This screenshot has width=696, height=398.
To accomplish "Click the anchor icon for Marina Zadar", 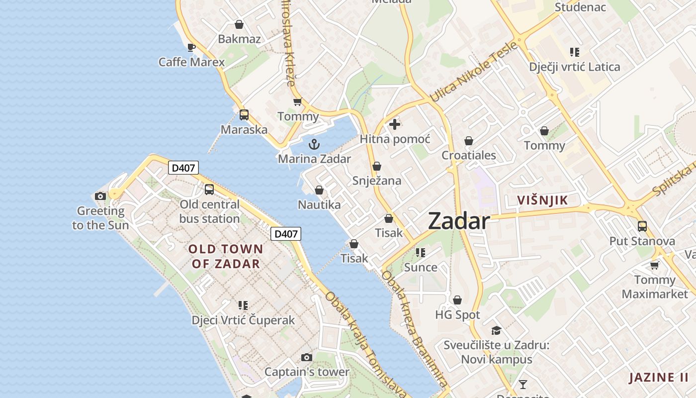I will pos(314,145).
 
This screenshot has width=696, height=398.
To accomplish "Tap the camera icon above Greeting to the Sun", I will pos(100,196).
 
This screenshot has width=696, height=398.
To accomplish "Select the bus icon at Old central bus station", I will pos(209,190).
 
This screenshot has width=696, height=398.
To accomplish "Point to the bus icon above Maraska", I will pos(244,115).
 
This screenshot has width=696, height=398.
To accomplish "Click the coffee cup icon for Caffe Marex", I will pos(191,47).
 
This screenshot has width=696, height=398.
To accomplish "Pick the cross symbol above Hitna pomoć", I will pos(395,124).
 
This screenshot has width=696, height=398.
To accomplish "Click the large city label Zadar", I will pos(459,221).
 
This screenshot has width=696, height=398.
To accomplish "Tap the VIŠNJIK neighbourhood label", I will pos(542,200).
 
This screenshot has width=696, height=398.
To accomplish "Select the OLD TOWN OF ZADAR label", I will pos(226,256).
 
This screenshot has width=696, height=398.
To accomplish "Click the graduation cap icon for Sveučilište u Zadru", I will pos(496,330).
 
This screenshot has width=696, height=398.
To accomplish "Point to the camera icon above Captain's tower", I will pos(307,357).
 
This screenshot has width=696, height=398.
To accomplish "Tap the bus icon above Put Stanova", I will pos(642,226).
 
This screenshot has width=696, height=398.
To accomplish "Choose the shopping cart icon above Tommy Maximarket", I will pos(655,265).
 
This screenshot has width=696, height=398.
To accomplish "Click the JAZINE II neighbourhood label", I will pos(659,378).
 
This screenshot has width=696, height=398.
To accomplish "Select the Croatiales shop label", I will pos(469,155).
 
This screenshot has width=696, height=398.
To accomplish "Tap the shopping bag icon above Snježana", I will pos(377,166).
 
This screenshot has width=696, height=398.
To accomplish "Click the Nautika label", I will pos(319,204).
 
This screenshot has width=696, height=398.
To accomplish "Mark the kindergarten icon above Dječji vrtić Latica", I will pos(575,52).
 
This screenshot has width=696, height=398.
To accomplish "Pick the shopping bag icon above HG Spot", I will pos(457,300).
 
